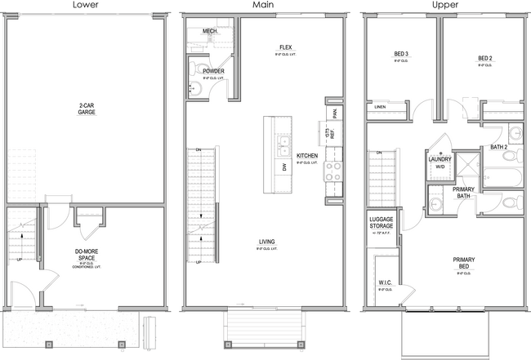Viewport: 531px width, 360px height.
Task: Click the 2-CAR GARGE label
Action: pyautogui.click(x=87, y=109)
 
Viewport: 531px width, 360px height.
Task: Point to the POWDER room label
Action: pyautogui.click(x=215, y=71)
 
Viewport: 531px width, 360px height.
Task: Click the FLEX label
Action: pyautogui.click(x=286, y=47)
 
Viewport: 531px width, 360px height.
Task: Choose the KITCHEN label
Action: pyautogui.click(x=307, y=155)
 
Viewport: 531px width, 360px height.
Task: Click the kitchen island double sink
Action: pyautogui.click(x=283, y=147)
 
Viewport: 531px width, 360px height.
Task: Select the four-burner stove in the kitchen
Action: pyautogui.click(x=334, y=171)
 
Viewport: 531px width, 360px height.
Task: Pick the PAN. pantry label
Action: pyautogui.click(x=334, y=110)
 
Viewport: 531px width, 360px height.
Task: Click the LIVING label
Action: pyautogui.click(x=267, y=242)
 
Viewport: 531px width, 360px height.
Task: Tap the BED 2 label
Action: pyautogui.click(x=484, y=59)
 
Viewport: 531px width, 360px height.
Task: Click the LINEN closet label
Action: pyautogui.click(x=381, y=107)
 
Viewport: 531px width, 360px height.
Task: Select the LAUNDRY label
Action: pyautogui.click(x=441, y=159)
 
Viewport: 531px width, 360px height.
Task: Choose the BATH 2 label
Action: pyautogui.click(x=498, y=147)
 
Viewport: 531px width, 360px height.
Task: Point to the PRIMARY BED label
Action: pyautogui.click(x=465, y=264)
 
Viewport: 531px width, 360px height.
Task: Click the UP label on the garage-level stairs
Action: pyautogui.click(x=20, y=261)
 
